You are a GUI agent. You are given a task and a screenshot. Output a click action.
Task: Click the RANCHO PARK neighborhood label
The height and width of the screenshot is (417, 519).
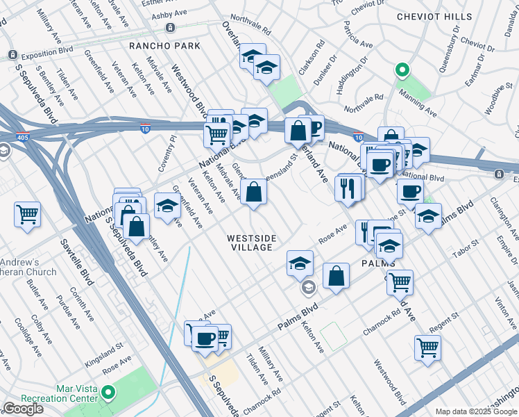[164, 46]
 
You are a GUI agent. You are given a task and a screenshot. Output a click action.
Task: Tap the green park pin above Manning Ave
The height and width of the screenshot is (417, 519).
[400, 70]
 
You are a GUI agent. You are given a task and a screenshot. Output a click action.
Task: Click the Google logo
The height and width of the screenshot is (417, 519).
[23, 409]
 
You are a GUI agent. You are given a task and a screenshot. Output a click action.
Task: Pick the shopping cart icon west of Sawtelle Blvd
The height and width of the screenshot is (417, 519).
[28, 213]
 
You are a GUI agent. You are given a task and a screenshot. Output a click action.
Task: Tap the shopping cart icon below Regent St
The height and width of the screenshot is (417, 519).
[427, 347]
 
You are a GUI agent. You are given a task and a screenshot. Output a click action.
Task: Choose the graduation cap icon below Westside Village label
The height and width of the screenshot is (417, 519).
[300, 262]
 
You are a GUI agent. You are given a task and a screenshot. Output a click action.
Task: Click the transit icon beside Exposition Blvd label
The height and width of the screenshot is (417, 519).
[12, 55]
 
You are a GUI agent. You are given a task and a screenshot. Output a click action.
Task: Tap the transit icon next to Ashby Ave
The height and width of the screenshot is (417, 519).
[170, 27]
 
